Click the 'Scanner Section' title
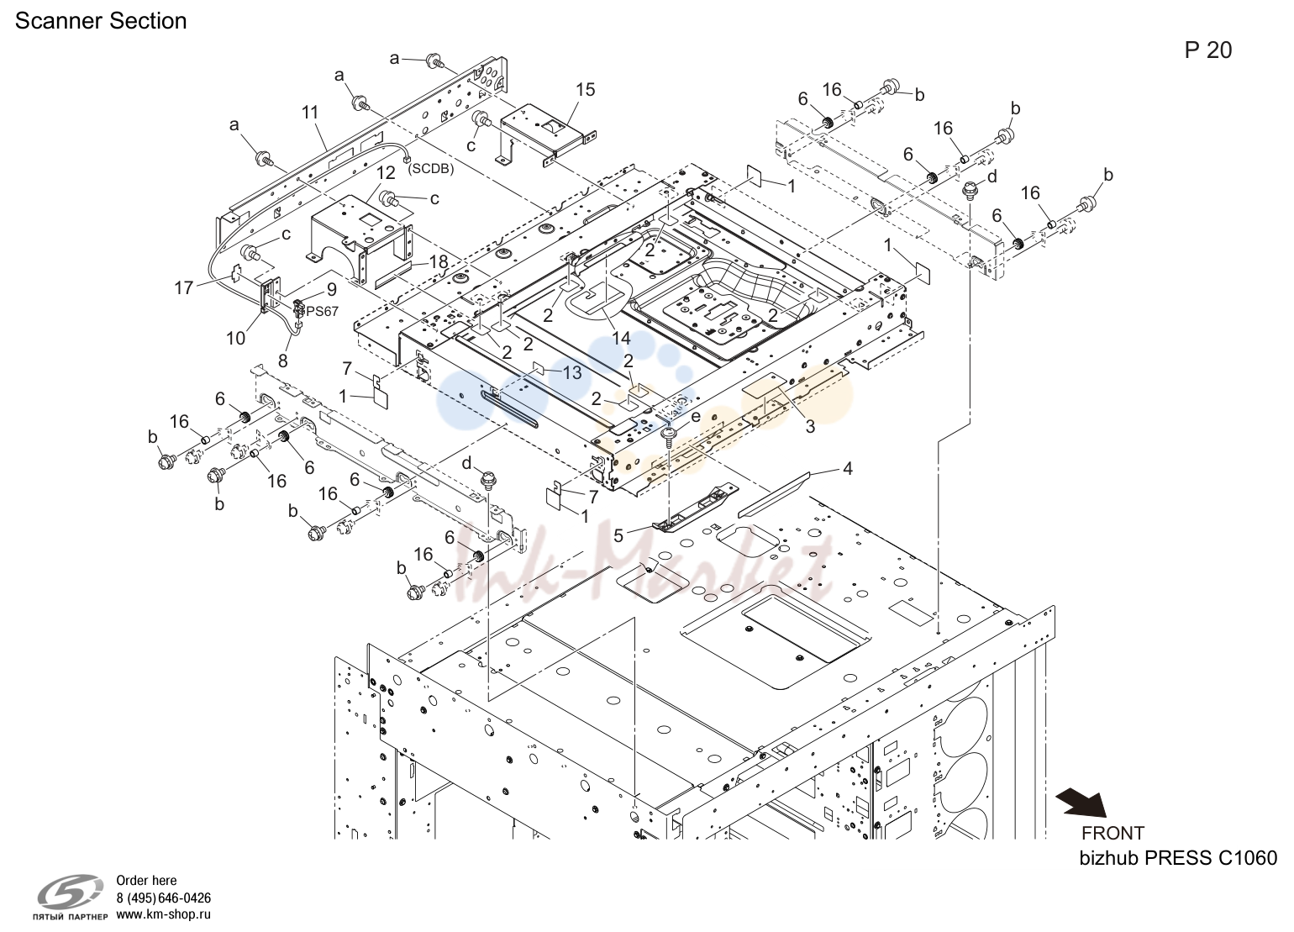[101, 21]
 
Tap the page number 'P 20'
[1208, 51]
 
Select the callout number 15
[585, 90]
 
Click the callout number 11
[310, 112]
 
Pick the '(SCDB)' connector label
[430, 170]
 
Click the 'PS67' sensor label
[322, 312]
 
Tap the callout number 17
[184, 287]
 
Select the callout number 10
[235, 338]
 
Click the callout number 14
[622, 338]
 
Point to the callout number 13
[572, 372]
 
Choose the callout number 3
[811, 427]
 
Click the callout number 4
[848, 468]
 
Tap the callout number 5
[618, 535]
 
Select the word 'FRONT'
[1113, 833]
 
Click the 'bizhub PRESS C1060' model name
[1178, 858]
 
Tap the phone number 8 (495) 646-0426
[164, 898]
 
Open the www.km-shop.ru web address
[164, 914]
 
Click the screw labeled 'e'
[670, 436]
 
